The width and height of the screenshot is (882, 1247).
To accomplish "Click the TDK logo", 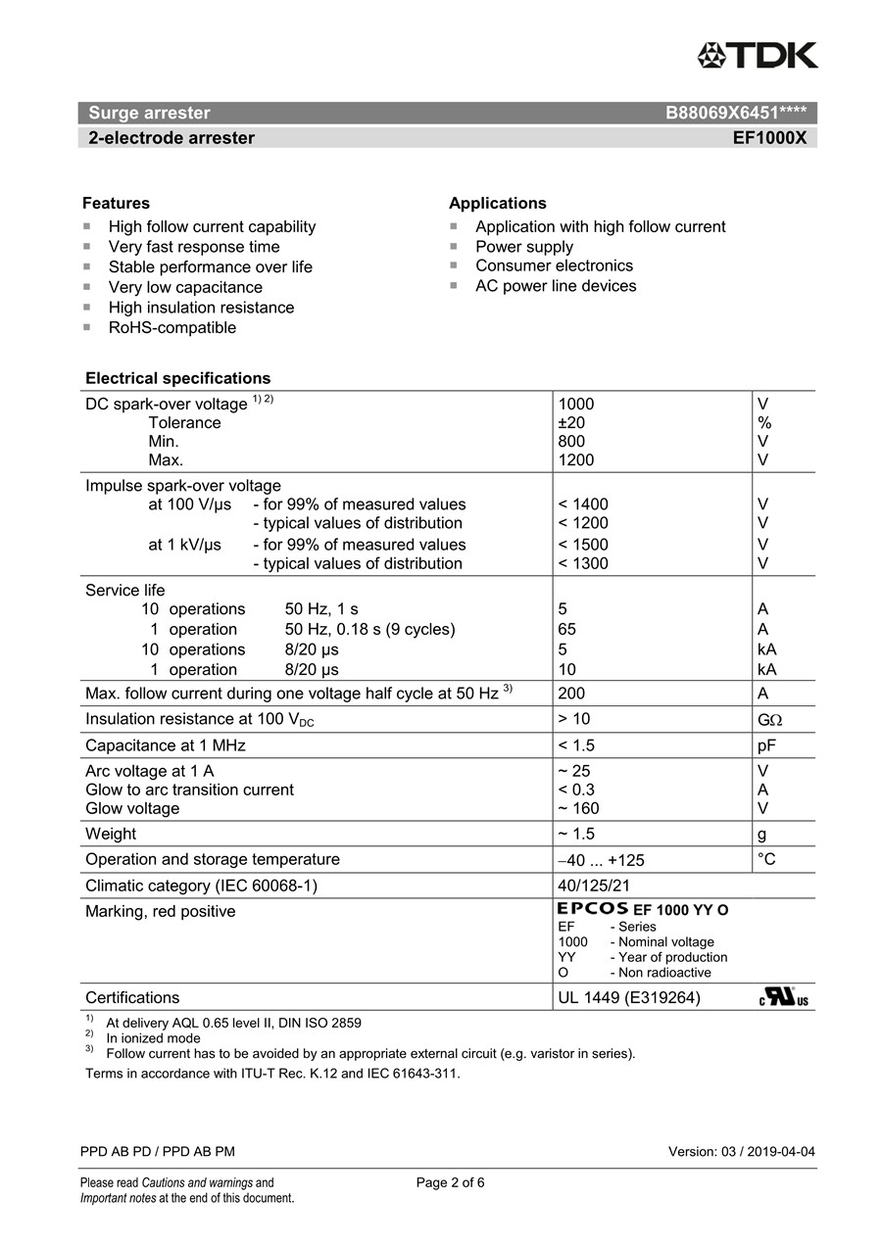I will point(757,56).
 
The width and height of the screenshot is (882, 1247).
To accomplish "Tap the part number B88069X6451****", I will point(736,113).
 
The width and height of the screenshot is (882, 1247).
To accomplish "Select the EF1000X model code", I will point(769,138).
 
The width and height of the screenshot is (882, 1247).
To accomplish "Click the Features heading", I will point(116,203).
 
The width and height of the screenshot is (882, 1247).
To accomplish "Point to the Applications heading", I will point(497,203).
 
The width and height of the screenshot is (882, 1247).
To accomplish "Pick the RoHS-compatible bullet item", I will point(171,327).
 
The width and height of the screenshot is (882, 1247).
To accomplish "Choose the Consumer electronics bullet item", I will point(554,265).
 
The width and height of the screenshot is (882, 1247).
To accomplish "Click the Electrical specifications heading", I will point(177,378).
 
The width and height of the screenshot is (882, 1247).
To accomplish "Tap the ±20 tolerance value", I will point(572,422).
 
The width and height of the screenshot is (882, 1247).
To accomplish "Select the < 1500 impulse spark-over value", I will point(583,545).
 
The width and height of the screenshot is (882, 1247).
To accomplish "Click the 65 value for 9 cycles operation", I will point(566,629).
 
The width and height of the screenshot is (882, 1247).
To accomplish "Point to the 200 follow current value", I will point(571,694).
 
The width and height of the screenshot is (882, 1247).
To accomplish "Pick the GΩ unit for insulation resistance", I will point(769,720).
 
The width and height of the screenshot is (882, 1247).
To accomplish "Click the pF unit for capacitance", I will point(766,745).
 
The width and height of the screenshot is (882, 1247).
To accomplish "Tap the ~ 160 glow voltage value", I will point(578,808).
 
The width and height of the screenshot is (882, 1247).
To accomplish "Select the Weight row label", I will point(111,834).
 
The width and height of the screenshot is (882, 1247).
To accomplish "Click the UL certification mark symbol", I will point(784,997).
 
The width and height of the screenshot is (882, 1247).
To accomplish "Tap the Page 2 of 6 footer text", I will point(450,1182).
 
